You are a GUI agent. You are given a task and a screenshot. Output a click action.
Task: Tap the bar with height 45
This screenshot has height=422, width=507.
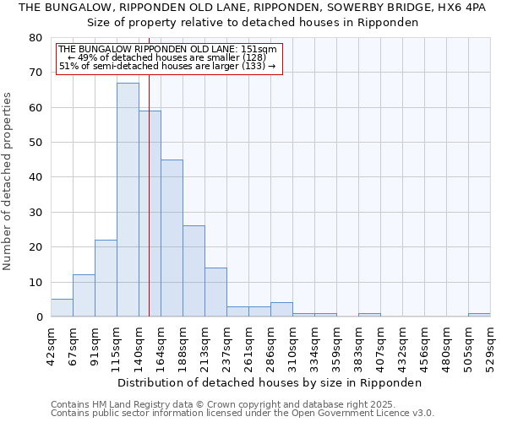172,238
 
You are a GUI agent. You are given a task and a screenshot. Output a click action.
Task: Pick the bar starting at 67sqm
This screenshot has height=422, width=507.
84,295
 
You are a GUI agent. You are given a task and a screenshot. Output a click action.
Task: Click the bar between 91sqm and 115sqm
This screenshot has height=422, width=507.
106,279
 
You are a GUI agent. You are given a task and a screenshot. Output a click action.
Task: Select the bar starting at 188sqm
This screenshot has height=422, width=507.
194,271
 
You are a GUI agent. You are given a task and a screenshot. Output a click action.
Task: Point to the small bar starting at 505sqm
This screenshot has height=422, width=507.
479,315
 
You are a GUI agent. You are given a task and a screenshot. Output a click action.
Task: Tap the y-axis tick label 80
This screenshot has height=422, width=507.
35,38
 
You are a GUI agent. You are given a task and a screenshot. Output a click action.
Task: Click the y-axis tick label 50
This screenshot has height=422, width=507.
35,143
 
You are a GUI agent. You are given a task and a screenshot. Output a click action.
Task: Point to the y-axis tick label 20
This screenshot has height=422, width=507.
35,247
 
